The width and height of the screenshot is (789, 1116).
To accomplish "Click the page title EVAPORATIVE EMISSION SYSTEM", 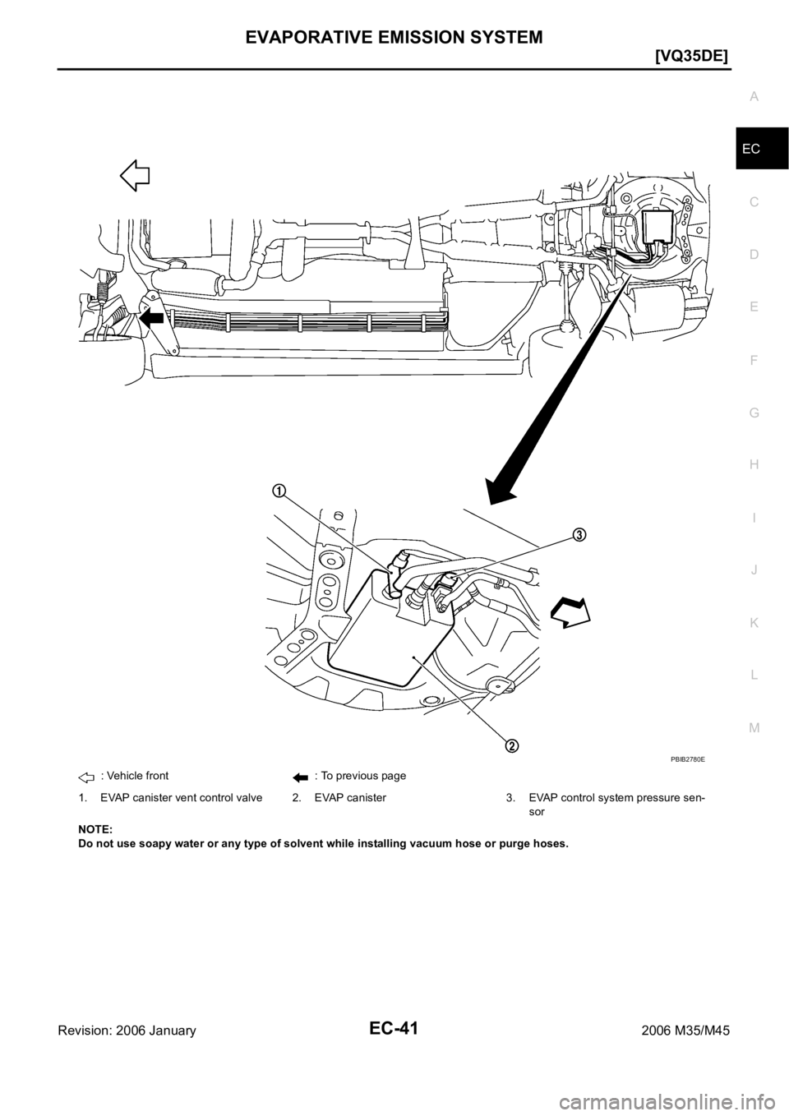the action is click(394, 36).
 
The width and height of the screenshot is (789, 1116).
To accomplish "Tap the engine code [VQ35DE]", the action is click(692, 58).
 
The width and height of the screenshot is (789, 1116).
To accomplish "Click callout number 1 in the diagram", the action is click(279, 491).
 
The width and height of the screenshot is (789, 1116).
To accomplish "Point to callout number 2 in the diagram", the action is click(511, 746).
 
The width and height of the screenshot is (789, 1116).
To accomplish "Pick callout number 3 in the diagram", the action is click(578, 534).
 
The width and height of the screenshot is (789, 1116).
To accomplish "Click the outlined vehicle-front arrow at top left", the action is click(136, 175).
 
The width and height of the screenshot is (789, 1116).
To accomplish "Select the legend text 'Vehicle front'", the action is click(135, 776).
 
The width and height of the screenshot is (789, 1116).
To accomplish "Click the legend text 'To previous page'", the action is click(361, 776).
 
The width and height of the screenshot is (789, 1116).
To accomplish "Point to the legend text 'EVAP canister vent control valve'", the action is click(182, 798).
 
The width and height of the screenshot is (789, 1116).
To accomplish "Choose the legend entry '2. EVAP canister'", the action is click(339, 798).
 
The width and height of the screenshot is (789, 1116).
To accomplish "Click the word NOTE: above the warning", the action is click(95, 829).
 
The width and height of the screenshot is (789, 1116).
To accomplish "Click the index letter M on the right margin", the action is click(754, 728).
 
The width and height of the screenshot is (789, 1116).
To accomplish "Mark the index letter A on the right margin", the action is click(754, 97).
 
